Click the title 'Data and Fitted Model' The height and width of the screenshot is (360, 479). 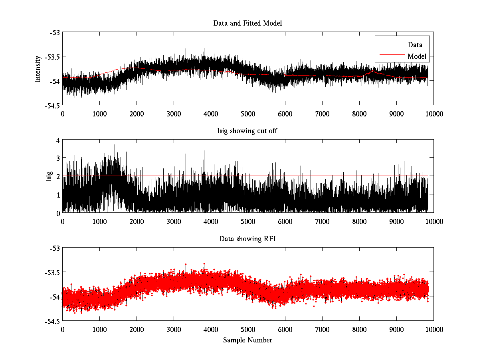coord(247,23)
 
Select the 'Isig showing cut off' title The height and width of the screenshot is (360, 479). coord(247,131)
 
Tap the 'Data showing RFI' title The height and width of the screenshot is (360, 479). coord(247,239)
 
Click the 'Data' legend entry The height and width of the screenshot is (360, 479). coord(415,44)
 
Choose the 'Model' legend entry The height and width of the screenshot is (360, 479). coord(417,56)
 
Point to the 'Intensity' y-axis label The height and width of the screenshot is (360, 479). coord(38,68)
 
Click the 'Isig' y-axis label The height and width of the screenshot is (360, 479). coord(49,176)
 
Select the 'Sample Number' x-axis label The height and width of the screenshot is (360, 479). coord(247,340)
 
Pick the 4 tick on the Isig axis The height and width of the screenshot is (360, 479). coord(58,140)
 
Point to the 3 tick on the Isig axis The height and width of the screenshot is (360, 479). coord(58,158)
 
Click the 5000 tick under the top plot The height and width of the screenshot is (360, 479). coord(248,114)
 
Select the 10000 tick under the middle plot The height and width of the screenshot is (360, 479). coord(433,221)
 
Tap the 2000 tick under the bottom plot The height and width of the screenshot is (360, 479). coord(137,329)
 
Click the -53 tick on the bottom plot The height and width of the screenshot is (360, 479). coord(54,248)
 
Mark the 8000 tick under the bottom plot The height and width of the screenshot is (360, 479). coord(359,329)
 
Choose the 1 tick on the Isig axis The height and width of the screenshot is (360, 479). coord(58,195)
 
